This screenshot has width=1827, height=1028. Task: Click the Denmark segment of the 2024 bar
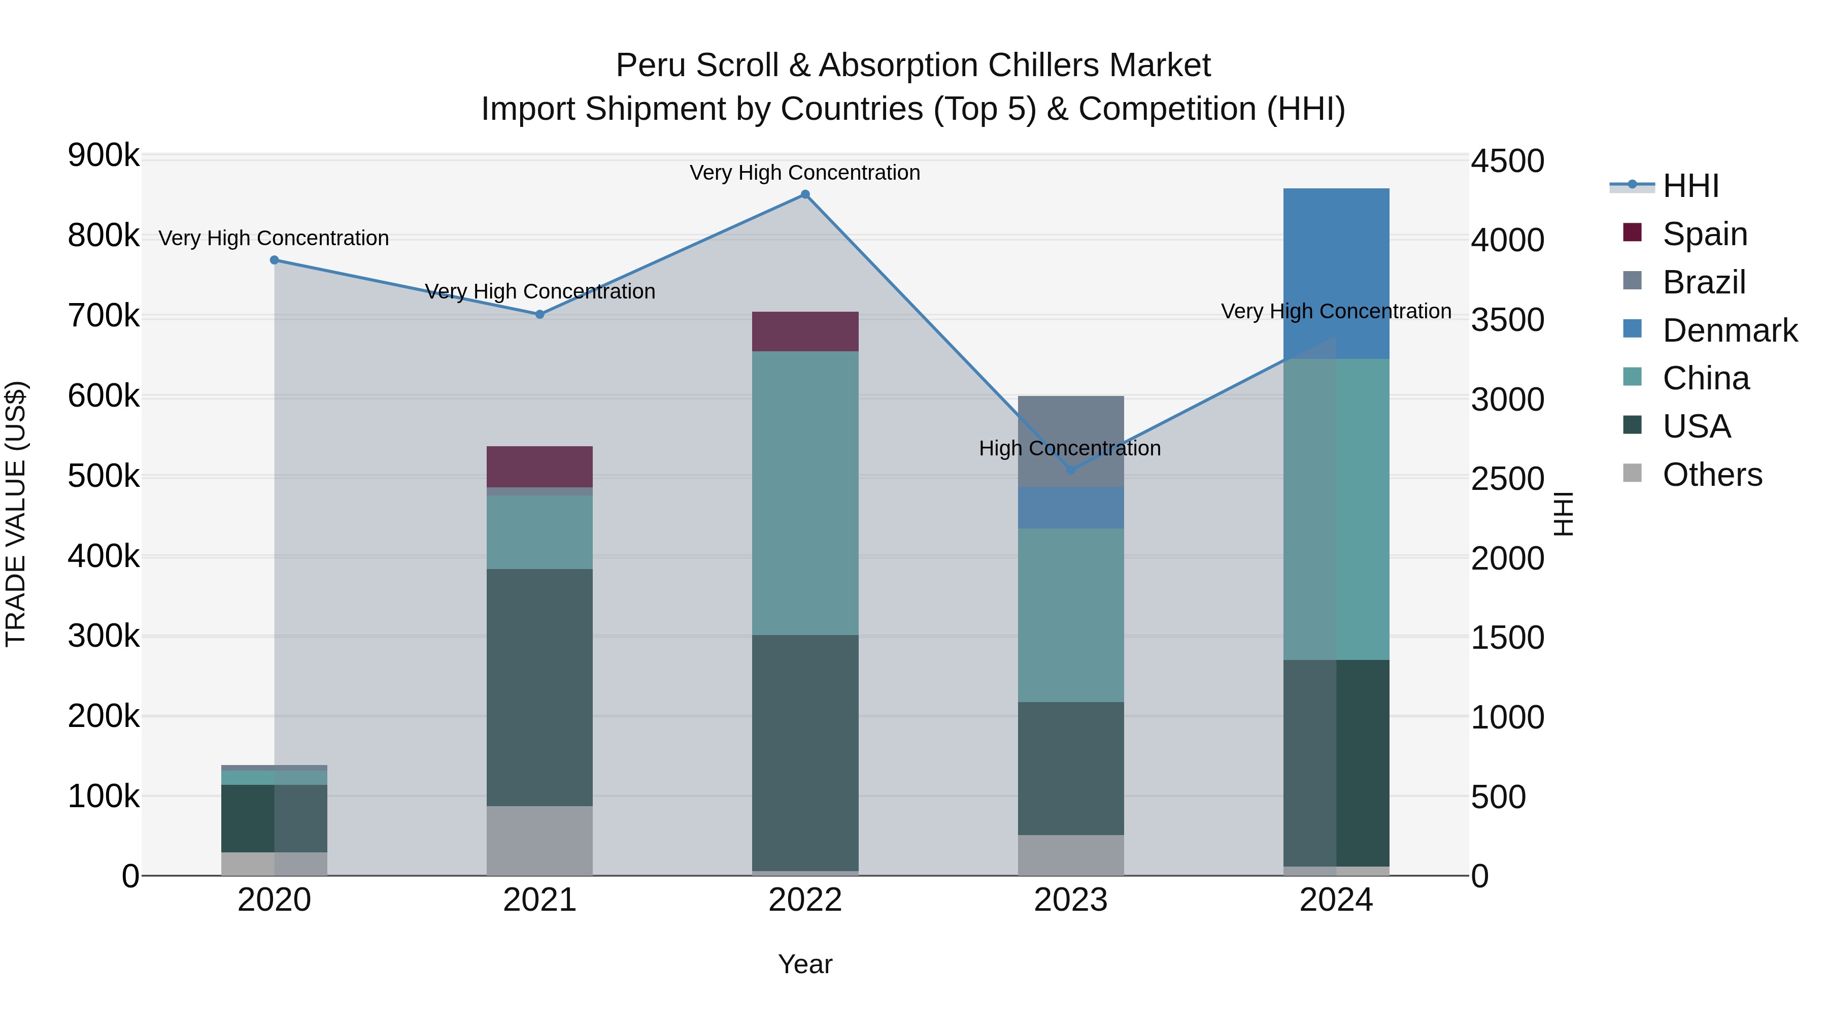[x=1336, y=273]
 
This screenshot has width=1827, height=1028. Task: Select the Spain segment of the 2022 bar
[x=805, y=331]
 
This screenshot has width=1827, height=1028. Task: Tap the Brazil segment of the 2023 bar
[x=1070, y=426]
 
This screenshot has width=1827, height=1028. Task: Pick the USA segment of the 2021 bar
[x=539, y=687]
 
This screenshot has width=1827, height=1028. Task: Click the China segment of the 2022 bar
[x=805, y=492]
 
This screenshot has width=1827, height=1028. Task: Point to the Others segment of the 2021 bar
[x=539, y=840]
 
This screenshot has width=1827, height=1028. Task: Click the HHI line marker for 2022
[x=805, y=194]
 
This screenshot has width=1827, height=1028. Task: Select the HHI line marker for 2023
[x=1070, y=470]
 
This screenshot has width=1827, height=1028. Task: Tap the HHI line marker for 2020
[x=275, y=260]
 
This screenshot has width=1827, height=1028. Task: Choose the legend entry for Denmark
[x=1729, y=330]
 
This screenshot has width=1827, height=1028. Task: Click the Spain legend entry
[x=1704, y=234]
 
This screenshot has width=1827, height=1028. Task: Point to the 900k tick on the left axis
[x=104, y=155]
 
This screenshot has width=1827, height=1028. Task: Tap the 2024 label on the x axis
[x=1336, y=900]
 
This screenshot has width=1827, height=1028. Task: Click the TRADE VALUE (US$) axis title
[x=16, y=514]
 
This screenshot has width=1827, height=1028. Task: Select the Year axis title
[x=805, y=964]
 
